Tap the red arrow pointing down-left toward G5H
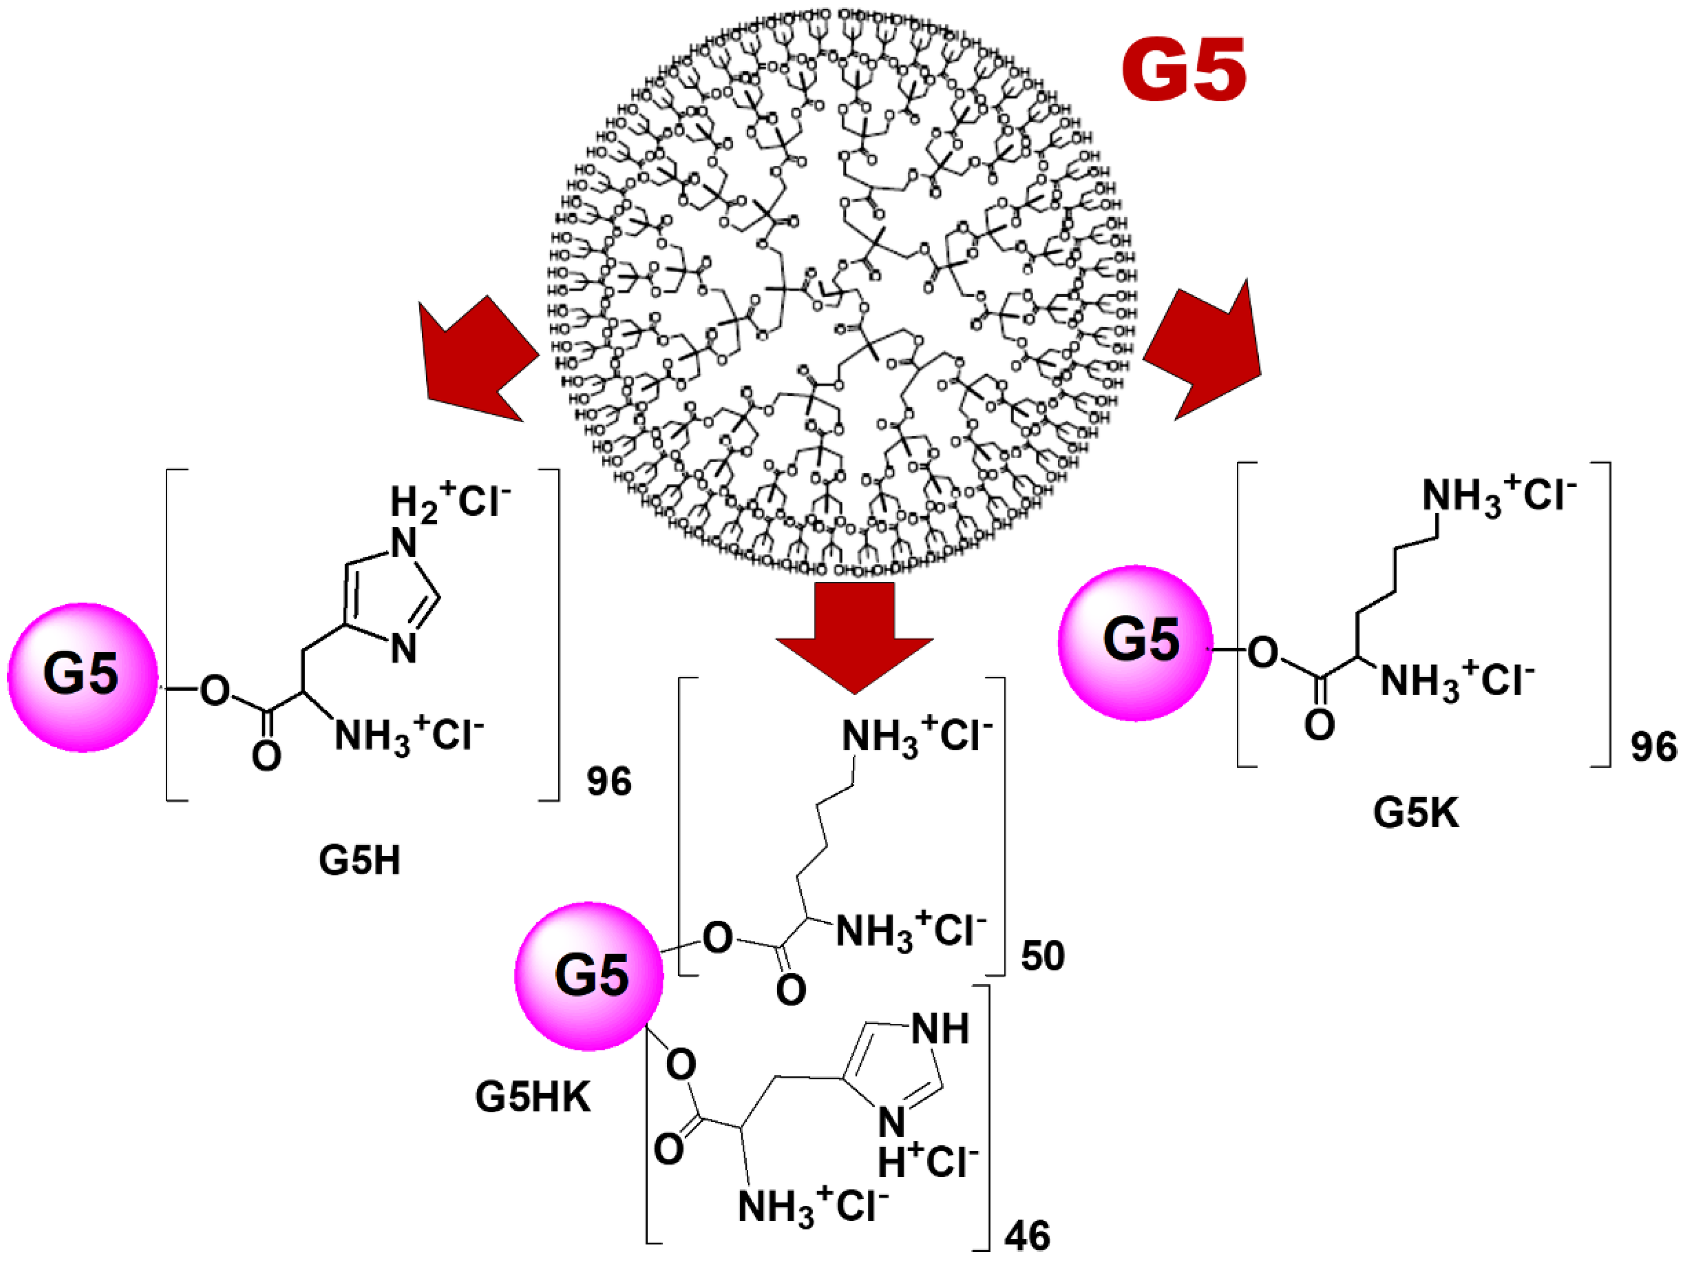(477, 363)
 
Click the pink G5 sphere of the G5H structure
(82, 676)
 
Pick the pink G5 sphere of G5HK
(589, 976)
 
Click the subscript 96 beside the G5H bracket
(609, 781)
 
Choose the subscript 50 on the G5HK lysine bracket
(1042, 956)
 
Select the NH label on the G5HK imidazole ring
(940, 1029)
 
